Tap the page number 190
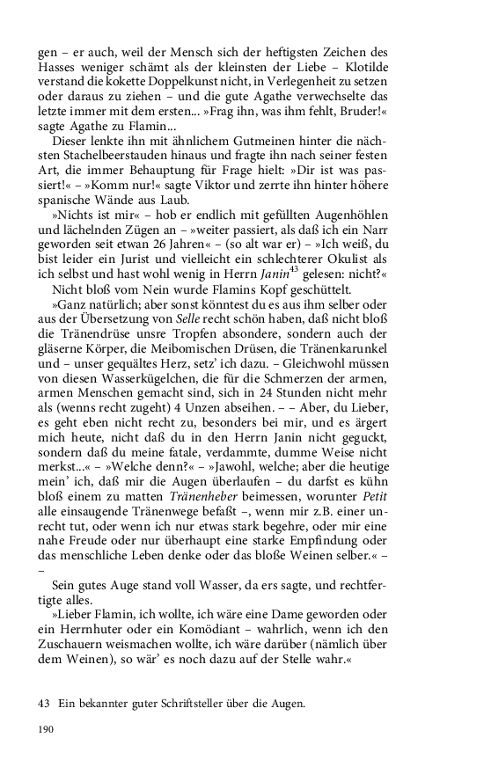[x=47, y=754]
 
